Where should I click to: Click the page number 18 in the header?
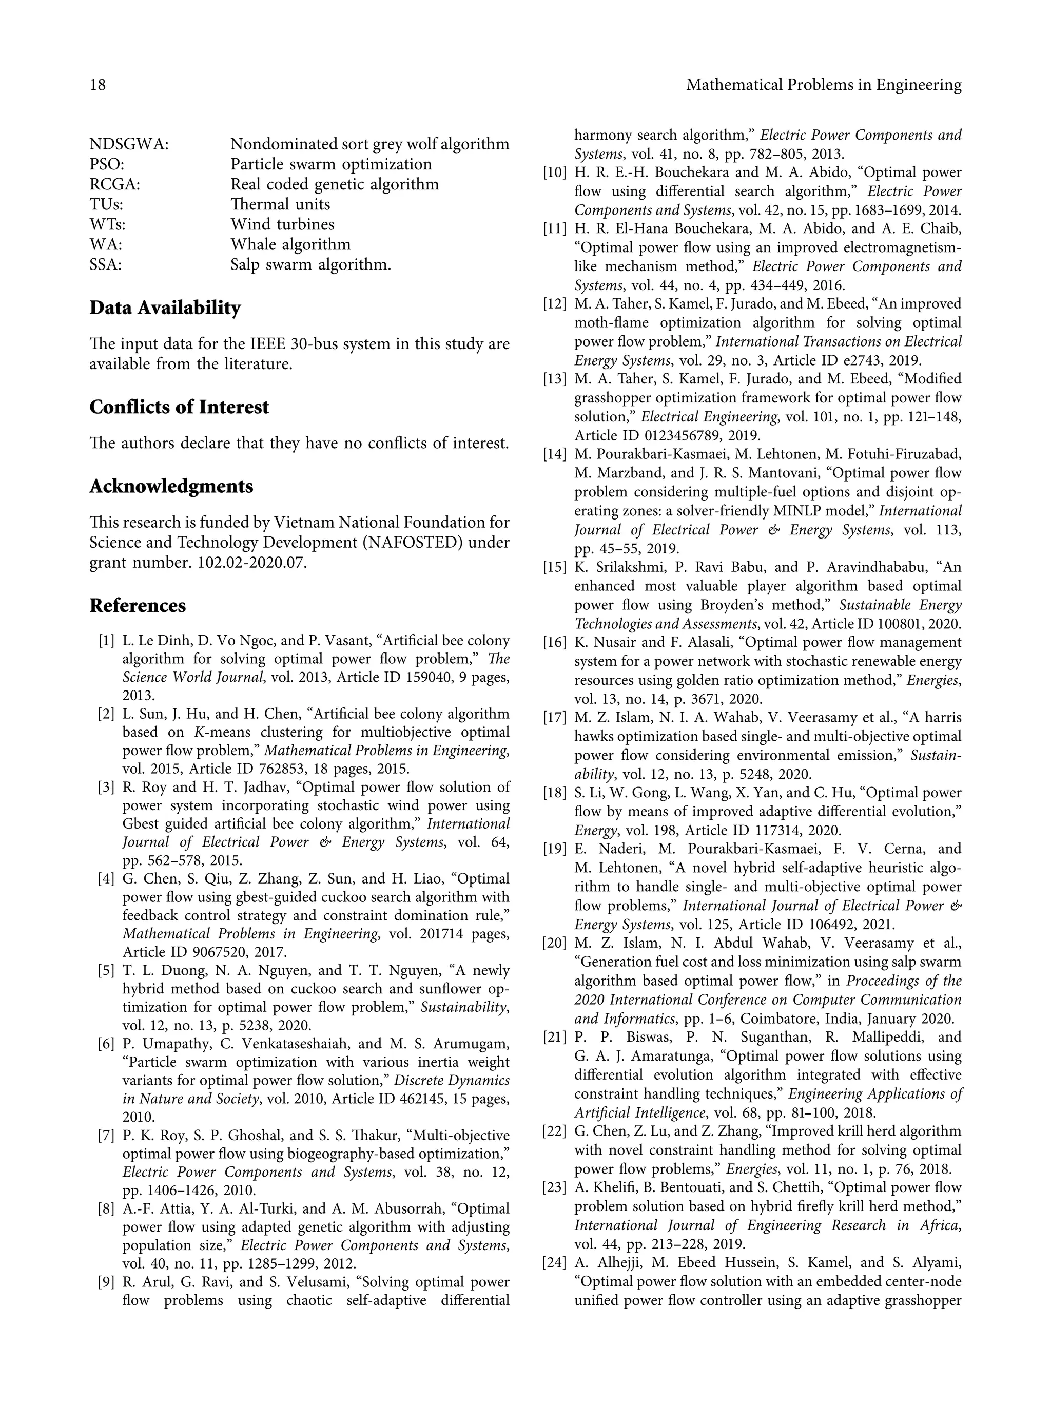(98, 85)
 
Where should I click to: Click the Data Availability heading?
(165, 308)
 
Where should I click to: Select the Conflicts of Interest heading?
(179, 407)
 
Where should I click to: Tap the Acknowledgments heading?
(171, 487)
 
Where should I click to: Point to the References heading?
(138, 606)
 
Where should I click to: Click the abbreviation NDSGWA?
(129, 144)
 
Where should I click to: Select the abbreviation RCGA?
(114, 184)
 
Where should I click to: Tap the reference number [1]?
(106, 641)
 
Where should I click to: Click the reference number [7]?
(106, 1135)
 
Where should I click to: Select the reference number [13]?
(554, 379)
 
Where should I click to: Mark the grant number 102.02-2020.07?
(249, 563)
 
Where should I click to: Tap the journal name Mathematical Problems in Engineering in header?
(824, 85)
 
